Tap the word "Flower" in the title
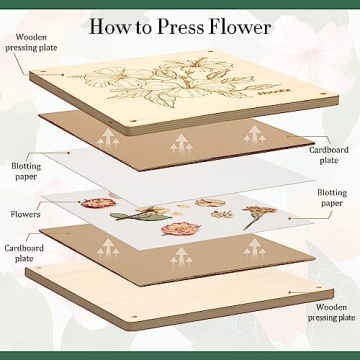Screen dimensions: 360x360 244,24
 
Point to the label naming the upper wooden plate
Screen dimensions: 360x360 27,44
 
